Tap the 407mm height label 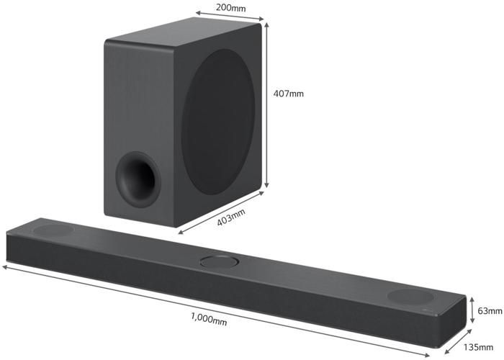(288, 93)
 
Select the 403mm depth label (231, 217)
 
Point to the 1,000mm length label (209, 318)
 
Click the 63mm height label (490, 310)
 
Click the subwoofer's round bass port (138, 176)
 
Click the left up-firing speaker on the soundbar (53, 230)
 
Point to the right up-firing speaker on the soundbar (410, 295)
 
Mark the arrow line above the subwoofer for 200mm (228, 17)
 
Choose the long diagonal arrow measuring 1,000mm (216, 307)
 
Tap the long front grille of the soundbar (216, 288)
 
